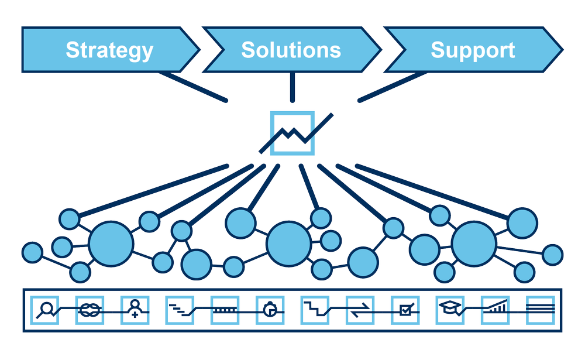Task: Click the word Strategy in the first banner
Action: coord(109,50)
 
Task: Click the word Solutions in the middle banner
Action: coord(291,50)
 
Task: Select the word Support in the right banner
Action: coord(473,50)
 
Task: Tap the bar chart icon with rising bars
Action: coord(495,308)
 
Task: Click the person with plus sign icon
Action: coord(135,309)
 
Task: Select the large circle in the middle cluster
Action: coord(289,243)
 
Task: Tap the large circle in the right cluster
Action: coord(474,243)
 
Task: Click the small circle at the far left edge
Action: coord(32,252)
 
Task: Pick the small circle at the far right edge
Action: coord(553,255)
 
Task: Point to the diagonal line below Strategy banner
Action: coord(193,87)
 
